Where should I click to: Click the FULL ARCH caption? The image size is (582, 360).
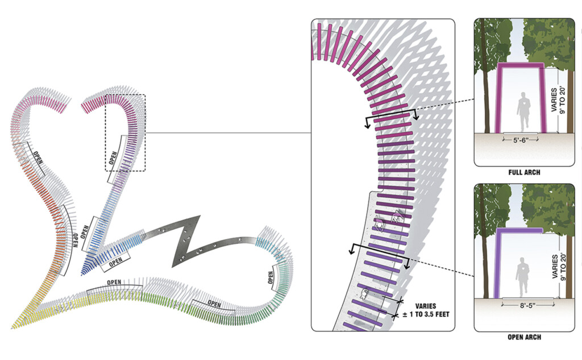coord(524,172)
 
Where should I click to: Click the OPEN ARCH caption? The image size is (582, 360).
coord(524,337)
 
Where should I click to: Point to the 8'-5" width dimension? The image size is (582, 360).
coord(528,305)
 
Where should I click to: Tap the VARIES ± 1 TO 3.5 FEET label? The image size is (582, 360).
coord(426,310)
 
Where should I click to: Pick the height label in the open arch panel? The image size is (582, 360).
coord(558,267)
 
